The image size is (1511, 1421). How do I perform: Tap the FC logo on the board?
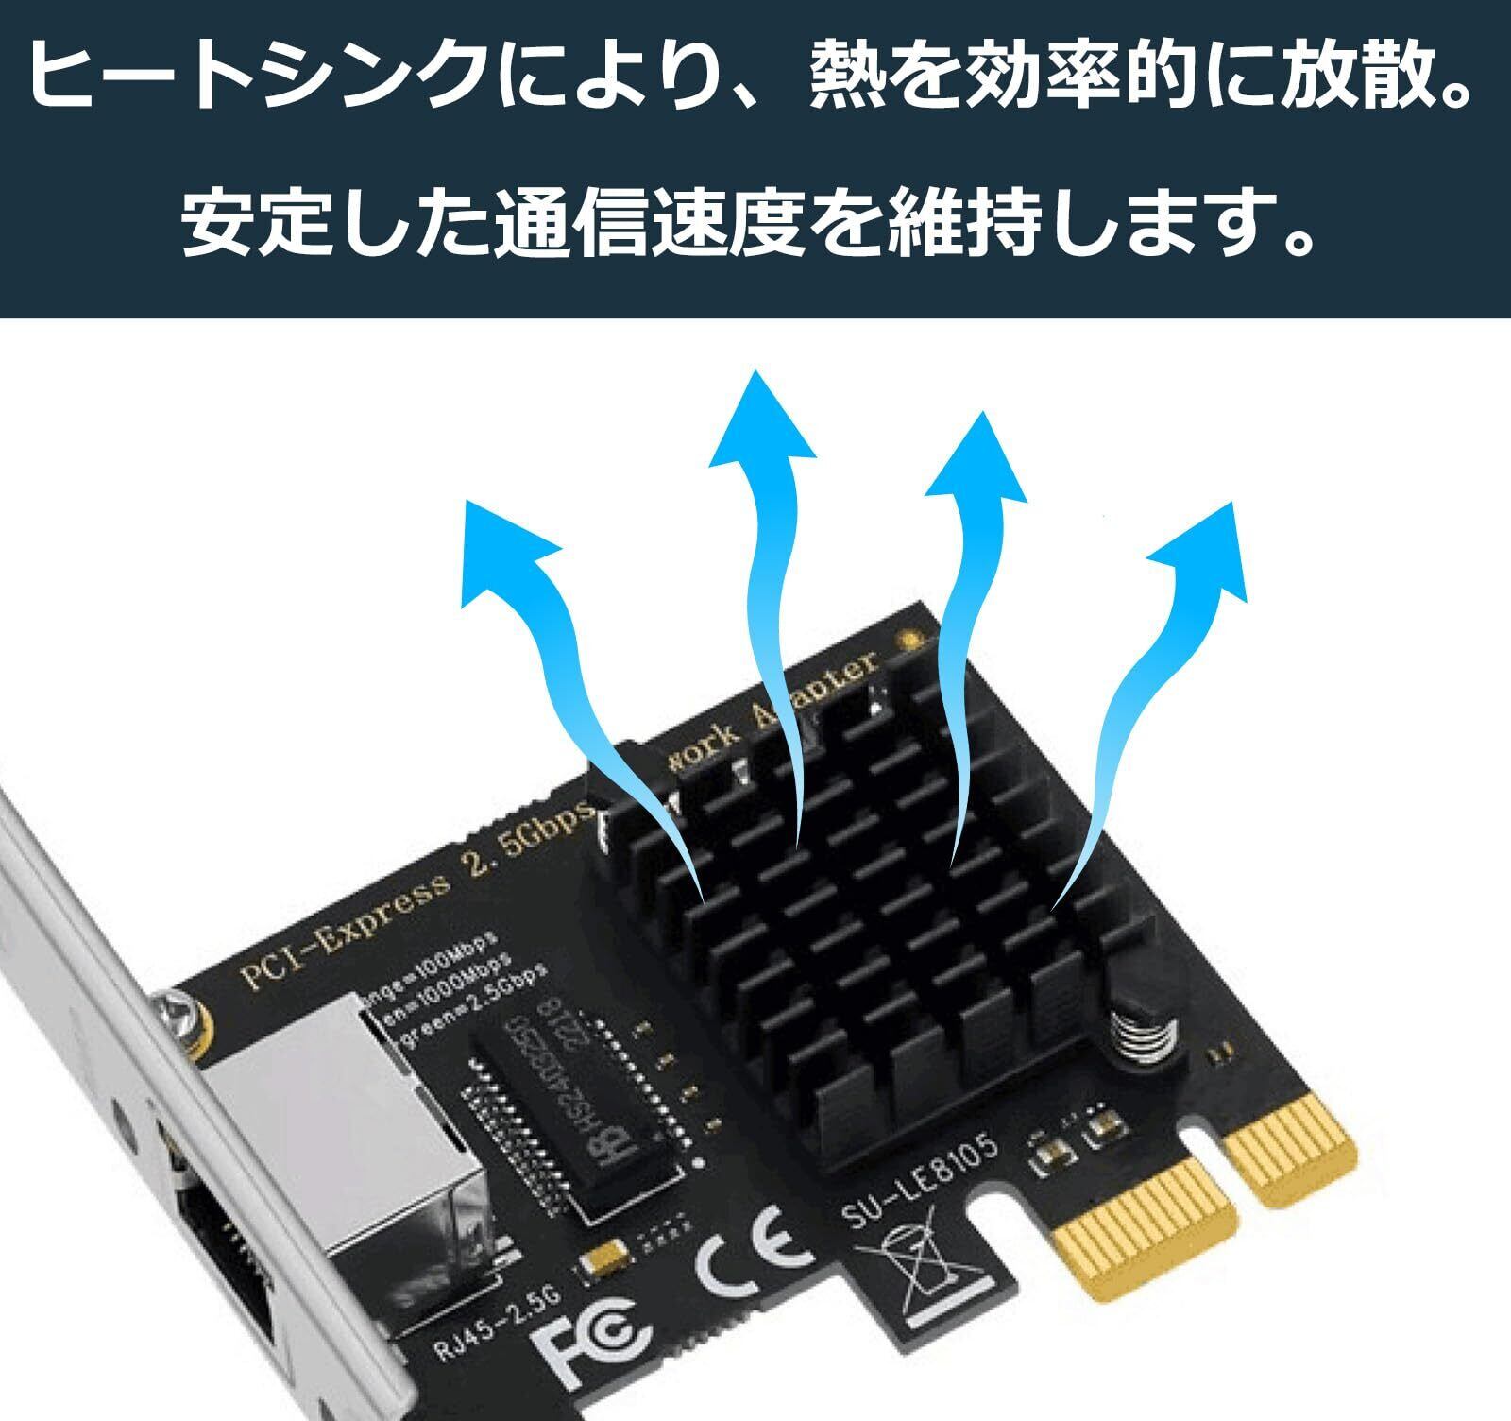tap(594, 1336)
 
